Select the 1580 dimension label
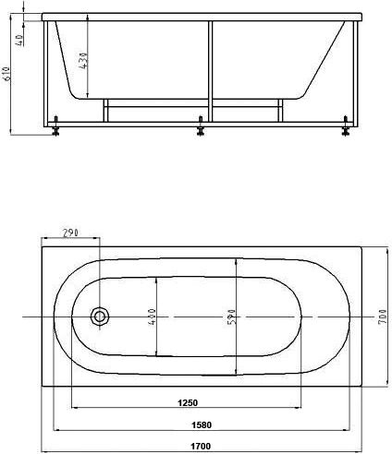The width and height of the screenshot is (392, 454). tap(202, 425)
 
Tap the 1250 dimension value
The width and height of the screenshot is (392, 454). tap(188, 402)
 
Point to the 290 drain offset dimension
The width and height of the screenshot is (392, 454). tap(71, 233)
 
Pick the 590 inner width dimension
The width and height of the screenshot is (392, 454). tap(232, 317)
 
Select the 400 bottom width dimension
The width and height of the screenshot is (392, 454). tap(153, 317)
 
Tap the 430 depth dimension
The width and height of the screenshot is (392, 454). tap(83, 60)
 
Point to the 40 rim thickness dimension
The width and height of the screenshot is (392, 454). tap(19, 40)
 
